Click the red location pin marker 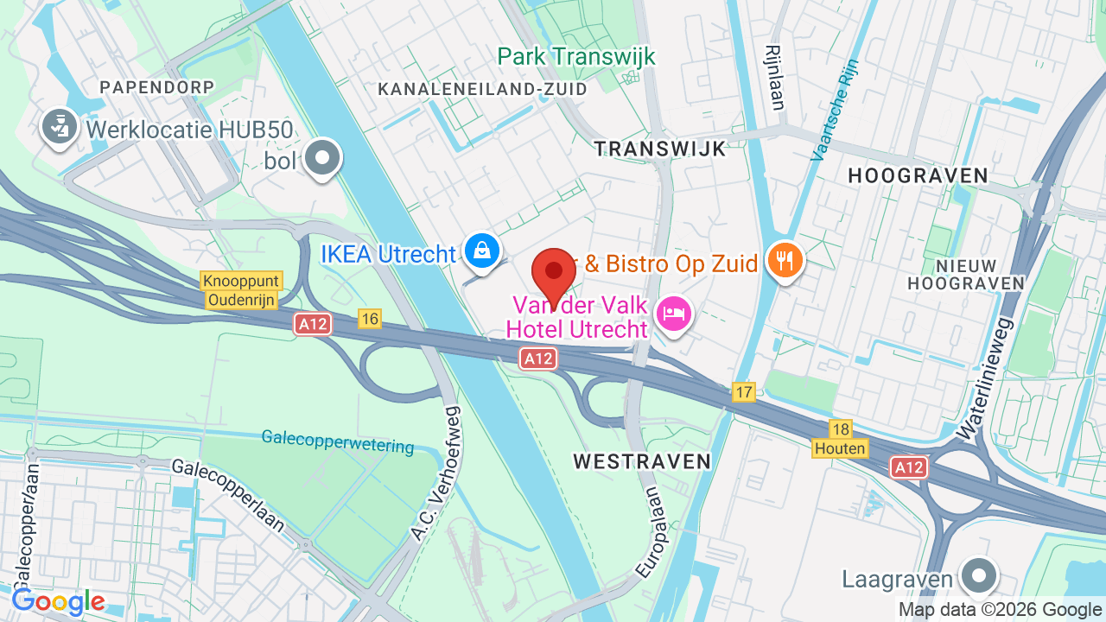[x=554, y=271]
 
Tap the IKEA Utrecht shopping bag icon [x=482, y=251]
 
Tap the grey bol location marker [x=324, y=158]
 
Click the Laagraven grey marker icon [x=979, y=575]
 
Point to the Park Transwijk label [x=576, y=57]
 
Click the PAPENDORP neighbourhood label [x=156, y=87]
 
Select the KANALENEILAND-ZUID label [x=483, y=89]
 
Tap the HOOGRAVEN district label [x=918, y=176]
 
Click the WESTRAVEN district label [x=642, y=461]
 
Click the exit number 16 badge [x=370, y=319]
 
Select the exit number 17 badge [x=744, y=391]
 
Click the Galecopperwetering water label [x=338, y=441]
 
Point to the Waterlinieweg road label [x=984, y=378]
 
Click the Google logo [x=59, y=601]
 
